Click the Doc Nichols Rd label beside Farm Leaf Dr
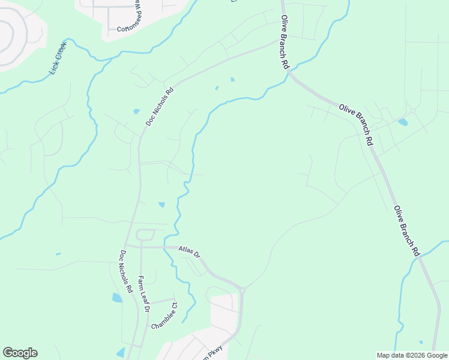pyautogui.click(x=125, y=271)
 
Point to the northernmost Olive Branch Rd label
pyautogui.click(x=284, y=42)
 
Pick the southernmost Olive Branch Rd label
pyautogui.click(x=406, y=231)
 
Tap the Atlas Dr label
pyautogui.click(x=188, y=252)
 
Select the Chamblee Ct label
pyautogui.click(x=164, y=316)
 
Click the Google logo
pyautogui.click(x=20, y=353)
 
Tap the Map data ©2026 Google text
pyautogui.click(x=411, y=355)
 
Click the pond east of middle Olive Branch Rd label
pyautogui.click(x=402, y=122)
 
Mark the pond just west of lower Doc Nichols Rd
pyautogui.click(x=116, y=298)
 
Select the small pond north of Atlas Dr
pyautogui.click(x=161, y=205)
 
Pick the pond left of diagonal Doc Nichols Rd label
pyautogui.click(x=137, y=111)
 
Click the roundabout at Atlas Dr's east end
pyautogui.click(x=242, y=290)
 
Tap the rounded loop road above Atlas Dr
pyautogui.click(x=146, y=235)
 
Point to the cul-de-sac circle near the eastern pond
pyautogui.click(x=413, y=111)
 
